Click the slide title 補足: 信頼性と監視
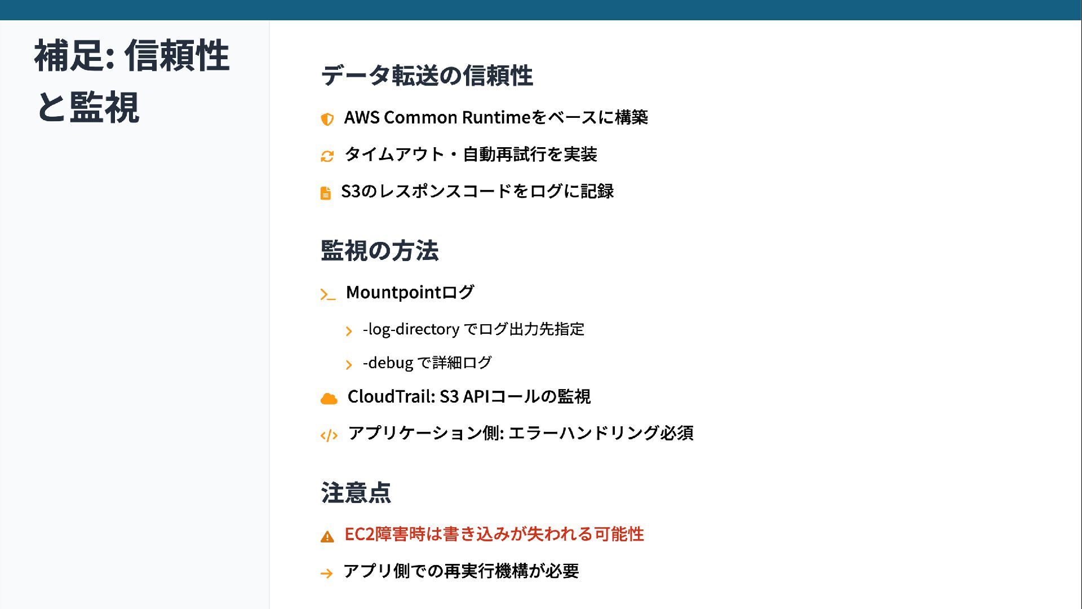click(132, 81)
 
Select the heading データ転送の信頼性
click(427, 76)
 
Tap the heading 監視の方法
click(379, 251)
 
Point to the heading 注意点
click(356, 493)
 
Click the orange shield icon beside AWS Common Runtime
click(327, 119)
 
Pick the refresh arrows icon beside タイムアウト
click(327, 156)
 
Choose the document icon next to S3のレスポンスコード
click(326, 193)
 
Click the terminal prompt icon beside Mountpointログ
click(327, 294)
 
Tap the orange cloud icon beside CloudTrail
click(329, 399)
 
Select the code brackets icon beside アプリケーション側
click(329, 435)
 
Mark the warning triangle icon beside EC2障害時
click(327, 536)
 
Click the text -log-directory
click(411, 329)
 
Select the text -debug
click(388, 363)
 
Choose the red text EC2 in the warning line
click(360, 534)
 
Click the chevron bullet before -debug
click(349, 365)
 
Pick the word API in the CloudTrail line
click(476, 396)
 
